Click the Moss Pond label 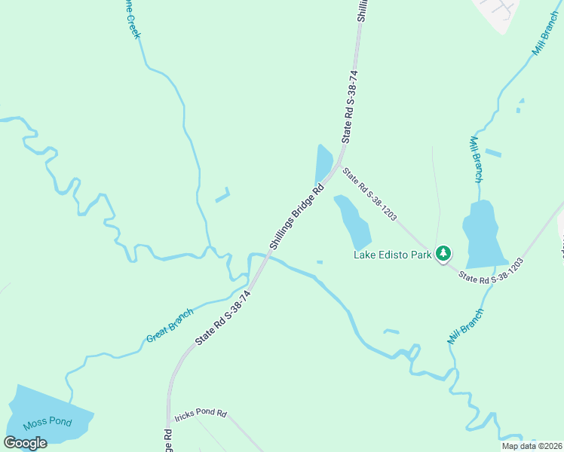click(47, 422)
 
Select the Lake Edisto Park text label click(393, 255)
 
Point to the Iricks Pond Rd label click(200, 414)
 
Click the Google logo click(25, 443)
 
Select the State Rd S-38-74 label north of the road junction click(350, 106)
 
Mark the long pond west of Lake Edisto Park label click(353, 221)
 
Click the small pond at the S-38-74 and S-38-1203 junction click(323, 163)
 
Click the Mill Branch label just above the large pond click(477, 160)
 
